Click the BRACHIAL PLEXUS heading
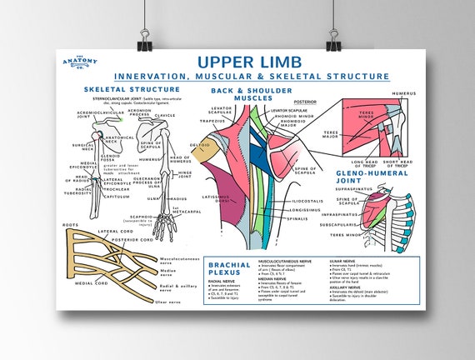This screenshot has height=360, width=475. tap(229, 270)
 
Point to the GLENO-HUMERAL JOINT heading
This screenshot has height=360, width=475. tap(372, 176)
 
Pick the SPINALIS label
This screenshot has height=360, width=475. tap(301, 221)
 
